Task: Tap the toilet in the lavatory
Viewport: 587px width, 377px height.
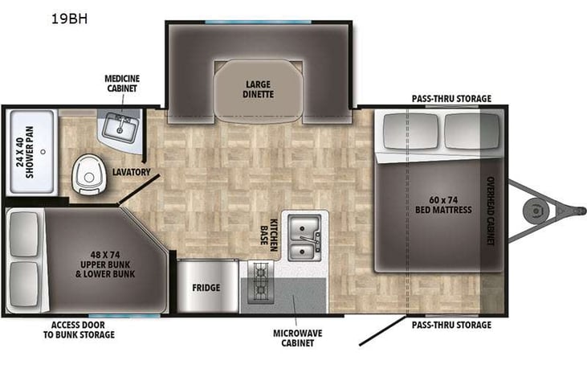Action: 85,175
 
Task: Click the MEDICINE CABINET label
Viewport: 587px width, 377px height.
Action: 122,83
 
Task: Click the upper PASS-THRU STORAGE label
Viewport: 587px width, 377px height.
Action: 450,99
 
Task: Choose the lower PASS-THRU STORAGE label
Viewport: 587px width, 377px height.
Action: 450,325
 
